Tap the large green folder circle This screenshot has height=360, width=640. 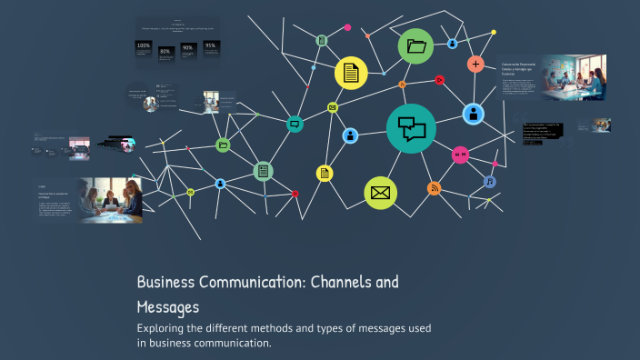click(416, 47)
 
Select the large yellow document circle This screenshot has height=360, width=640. click(352, 73)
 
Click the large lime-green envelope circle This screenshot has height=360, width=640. click(380, 193)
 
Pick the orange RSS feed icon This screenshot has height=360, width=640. click(435, 188)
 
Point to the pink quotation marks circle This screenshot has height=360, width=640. click(460, 155)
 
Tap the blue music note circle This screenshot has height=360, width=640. click(490, 182)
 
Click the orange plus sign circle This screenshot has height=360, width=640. click(475, 64)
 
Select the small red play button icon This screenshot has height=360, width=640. click(439, 79)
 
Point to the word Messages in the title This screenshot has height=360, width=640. click(168, 307)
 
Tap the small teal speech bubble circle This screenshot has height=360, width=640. click(295, 124)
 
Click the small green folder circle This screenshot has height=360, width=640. click(223, 145)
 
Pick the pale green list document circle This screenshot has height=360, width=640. click(263, 170)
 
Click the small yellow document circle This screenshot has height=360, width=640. click(325, 173)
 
